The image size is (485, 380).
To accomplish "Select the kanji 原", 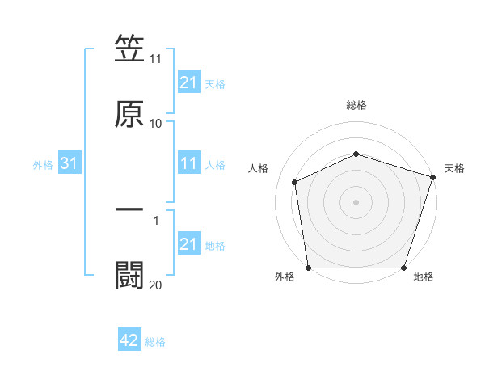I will point(129,113).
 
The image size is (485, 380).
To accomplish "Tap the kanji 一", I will point(129,209).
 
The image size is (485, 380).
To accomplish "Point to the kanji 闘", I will point(129,275).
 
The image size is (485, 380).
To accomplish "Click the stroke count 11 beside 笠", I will point(155,59).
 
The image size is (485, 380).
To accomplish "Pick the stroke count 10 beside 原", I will point(155,124).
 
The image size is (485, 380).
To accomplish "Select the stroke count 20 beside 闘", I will point(155,285).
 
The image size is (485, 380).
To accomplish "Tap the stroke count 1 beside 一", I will point(155,220).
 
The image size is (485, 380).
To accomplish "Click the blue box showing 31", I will point(70,164).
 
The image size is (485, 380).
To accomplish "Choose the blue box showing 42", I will point(129,341).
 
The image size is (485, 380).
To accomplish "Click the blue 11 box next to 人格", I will point(188,164).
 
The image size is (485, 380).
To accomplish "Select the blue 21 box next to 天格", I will point(188,82).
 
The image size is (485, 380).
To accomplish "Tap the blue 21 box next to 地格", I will point(188,244).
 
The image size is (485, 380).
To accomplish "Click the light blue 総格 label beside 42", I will point(155,342).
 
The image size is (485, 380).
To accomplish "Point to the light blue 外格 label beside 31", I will point(43,165).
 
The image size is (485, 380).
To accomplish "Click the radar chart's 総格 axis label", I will point(356,105).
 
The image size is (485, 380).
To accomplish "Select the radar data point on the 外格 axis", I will point(308,268).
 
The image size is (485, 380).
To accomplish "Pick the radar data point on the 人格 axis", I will point(295,182).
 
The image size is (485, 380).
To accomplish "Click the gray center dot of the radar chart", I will point(356,202).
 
